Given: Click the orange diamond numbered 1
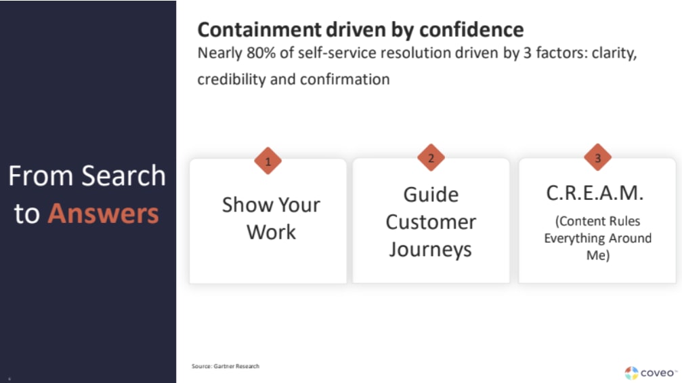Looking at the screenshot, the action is coord(268,161).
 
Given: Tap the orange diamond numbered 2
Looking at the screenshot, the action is coord(431,157).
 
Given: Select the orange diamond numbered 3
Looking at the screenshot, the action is coord(597,157).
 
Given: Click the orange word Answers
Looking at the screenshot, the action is coord(104,214).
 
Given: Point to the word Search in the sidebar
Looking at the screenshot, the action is coord(123,176).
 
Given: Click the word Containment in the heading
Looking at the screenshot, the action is coord(259,30).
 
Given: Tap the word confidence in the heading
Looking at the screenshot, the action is coord(471,30).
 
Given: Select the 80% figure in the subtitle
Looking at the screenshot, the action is coord(261,53).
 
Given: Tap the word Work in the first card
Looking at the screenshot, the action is coord(272,232).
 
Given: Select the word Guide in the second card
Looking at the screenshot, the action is coord(431,195).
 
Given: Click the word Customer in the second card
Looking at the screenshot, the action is coord(431,222).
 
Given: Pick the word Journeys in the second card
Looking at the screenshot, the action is coord(431,250).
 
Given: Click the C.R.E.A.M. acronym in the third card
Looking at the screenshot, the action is coord(595,193).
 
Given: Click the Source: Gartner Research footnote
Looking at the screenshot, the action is coord(226,366).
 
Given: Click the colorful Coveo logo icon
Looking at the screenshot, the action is coord(632,373).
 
